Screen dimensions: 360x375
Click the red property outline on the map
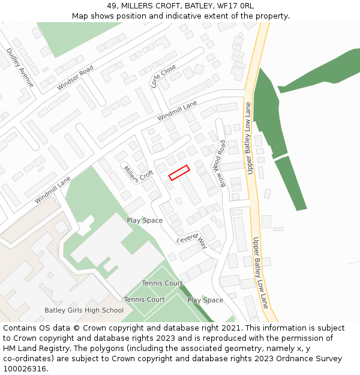pyautogui.click(x=179, y=172)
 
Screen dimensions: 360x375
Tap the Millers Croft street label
pyautogui.click(x=139, y=173)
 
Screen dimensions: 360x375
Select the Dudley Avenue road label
pyautogui.click(x=20, y=68)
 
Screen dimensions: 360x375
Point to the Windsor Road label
pyautogui.click(x=76, y=78)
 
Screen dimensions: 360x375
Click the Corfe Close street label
pyautogui.click(x=163, y=76)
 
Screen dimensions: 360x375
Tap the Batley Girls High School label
pyautogui.click(x=84, y=311)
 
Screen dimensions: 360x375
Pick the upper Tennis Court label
pyautogui.click(x=162, y=283)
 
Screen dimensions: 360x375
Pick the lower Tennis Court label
pyautogui.click(x=145, y=299)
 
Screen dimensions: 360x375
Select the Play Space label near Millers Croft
pyautogui.click(x=145, y=220)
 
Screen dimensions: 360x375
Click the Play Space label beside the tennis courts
pyautogui.click(x=205, y=300)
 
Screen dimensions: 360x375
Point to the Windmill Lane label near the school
pyautogui.click(x=53, y=190)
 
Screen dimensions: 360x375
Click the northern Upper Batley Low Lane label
pyautogui.click(x=248, y=139)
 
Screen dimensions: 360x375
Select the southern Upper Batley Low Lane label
pyautogui.click(x=260, y=272)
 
